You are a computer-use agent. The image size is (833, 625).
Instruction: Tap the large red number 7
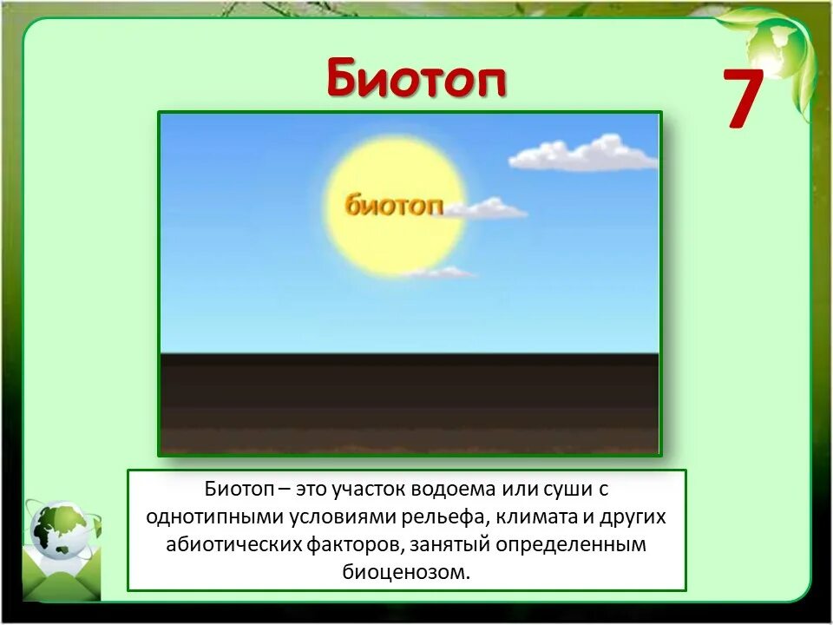tap(744, 100)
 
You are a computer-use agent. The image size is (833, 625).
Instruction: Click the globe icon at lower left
tap(59, 531)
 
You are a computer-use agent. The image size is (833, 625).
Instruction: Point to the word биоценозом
tap(406, 572)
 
